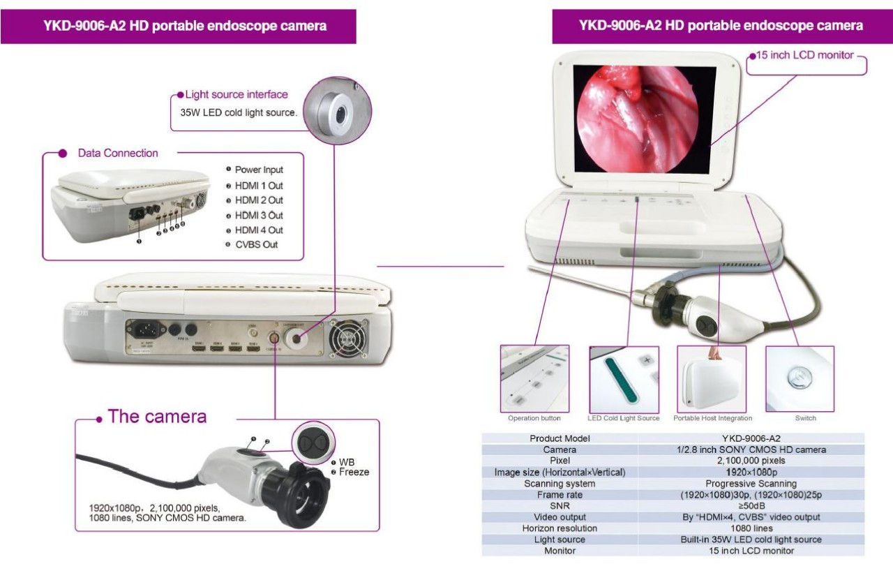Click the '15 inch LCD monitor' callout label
tap(805, 55)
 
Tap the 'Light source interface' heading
tap(236, 94)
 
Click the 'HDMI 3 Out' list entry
tap(258, 215)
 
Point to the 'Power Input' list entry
tap(258, 170)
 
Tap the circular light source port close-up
tap(338, 110)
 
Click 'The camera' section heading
tap(157, 417)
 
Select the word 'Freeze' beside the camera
tap(354, 473)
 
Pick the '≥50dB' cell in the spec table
tap(751, 506)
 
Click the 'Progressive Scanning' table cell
tap(751, 484)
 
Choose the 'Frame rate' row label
tap(560, 495)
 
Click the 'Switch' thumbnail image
tap(800, 379)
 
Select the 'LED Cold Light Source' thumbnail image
tap(624, 379)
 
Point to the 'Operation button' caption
tap(534, 419)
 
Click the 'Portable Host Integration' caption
tap(712, 419)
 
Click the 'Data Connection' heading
tap(118, 153)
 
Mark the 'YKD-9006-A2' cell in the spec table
tap(751, 438)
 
